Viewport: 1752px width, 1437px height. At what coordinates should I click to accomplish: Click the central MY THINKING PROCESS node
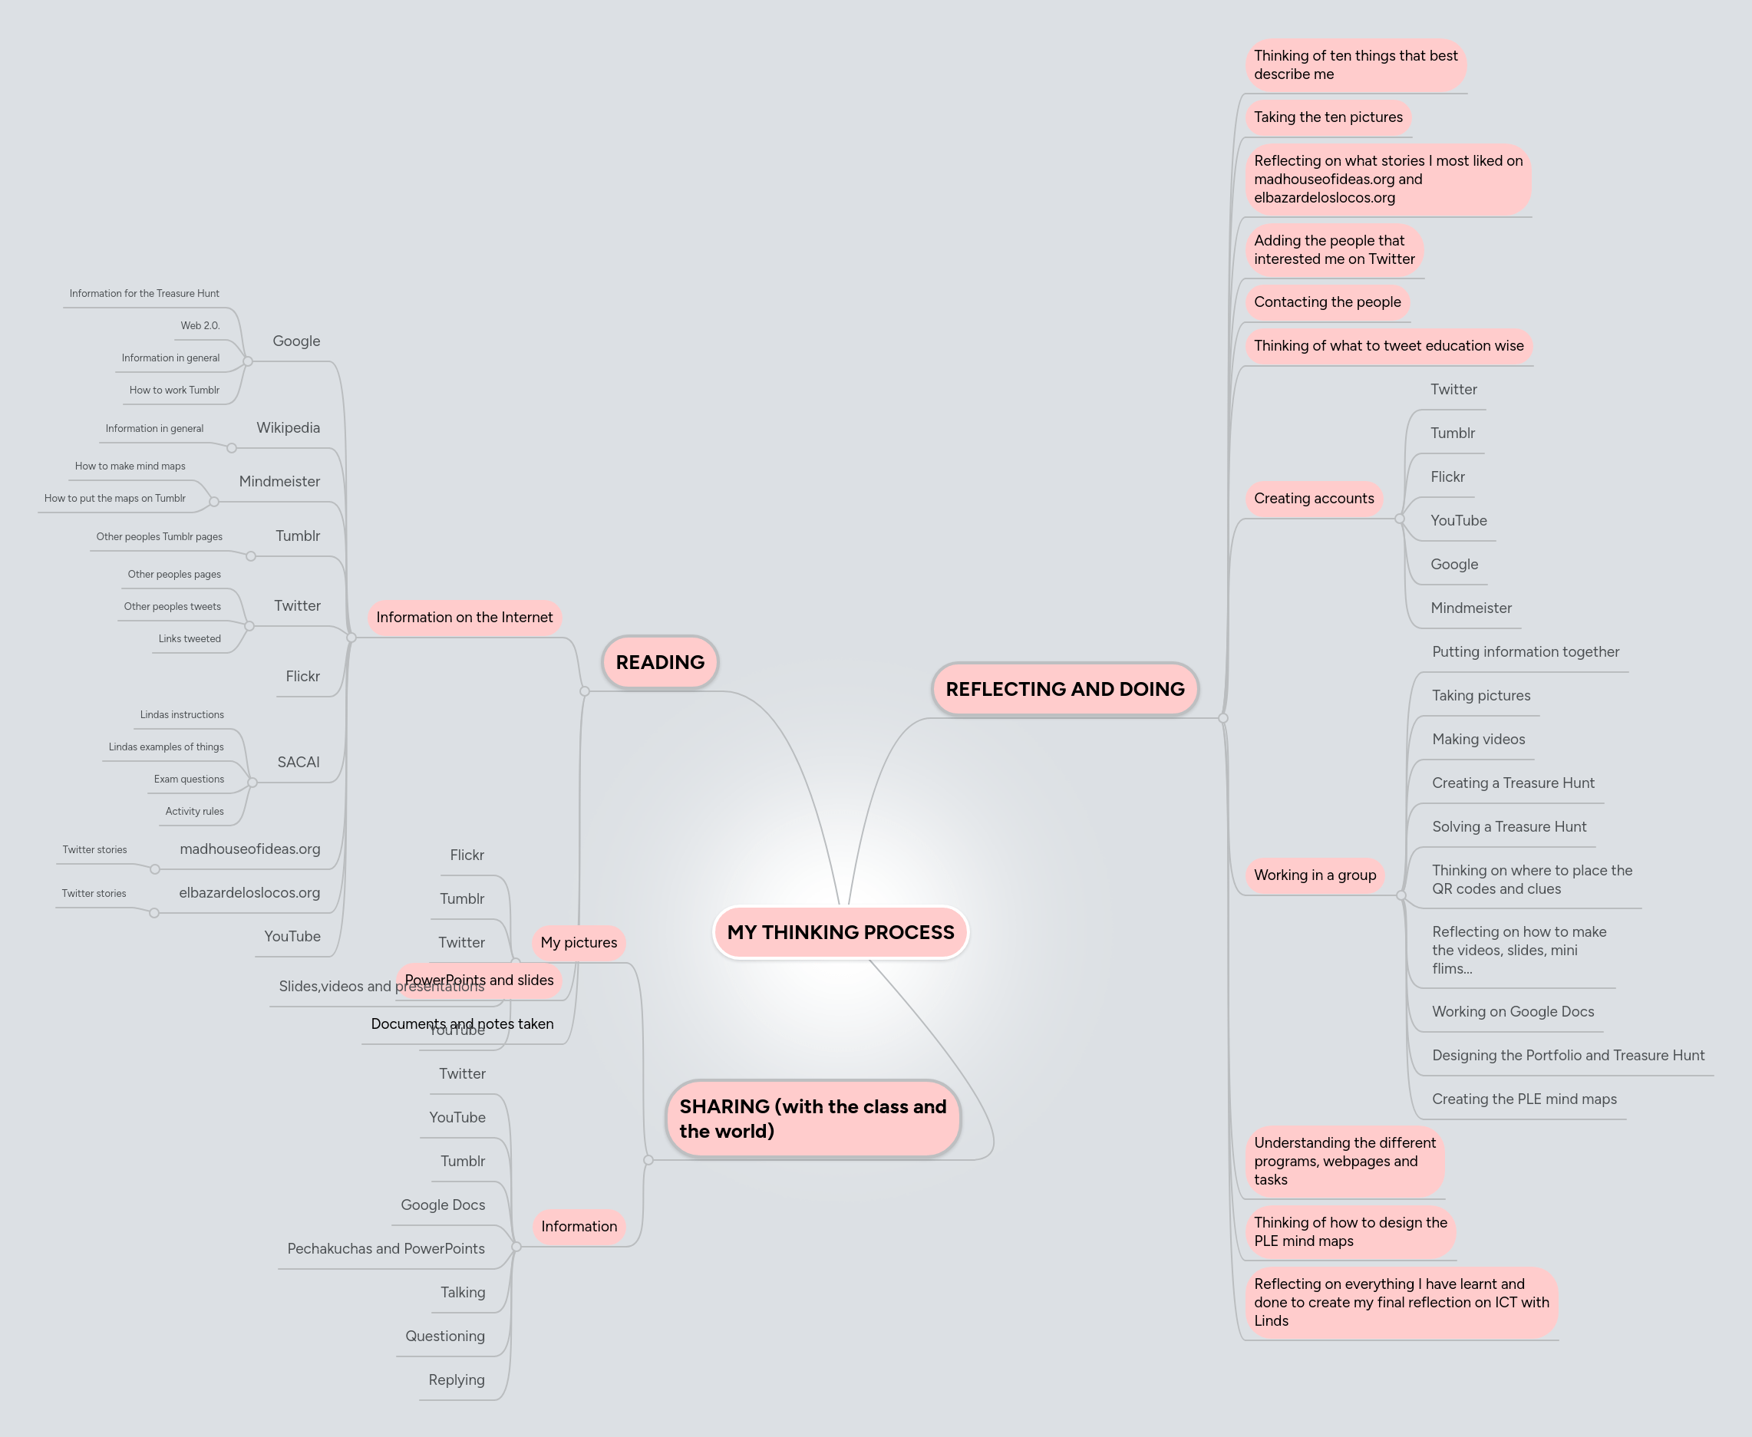pyautogui.click(x=840, y=932)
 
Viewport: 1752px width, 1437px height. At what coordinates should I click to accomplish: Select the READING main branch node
pyautogui.click(x=660, y=662)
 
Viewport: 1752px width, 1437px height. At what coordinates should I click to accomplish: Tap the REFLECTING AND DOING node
pyautogui.click(x=1064, y=689)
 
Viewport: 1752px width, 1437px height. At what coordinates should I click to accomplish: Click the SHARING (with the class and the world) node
pyautogui.click(x=812, y=1119)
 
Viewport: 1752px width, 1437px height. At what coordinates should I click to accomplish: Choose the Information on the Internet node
pyautogui.click(x=464, y=618)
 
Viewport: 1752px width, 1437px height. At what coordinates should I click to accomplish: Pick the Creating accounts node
pyautogui.click(x=1313, y=499)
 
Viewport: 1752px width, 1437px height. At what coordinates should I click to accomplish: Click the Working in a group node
pyautogui.click(x=1314, y=875)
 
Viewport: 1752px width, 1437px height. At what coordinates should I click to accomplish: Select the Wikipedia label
pyautogui.click(x=288, y=428)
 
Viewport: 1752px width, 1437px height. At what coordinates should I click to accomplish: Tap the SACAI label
pyautogui.click(x=298, y=763)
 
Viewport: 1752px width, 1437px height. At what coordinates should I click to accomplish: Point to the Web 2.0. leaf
pyautogui.click(x=200, y=326)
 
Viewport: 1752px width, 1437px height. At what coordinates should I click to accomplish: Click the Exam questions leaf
pyautogui.click(x=189, y=779)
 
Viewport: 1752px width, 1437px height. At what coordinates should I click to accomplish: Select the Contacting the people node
pyautogui.click(x=1328, y=302)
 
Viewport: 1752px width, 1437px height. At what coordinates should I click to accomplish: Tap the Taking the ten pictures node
pyautogui.click(x=1328, y=117)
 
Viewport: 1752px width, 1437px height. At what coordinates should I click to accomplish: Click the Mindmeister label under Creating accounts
pyautogui.click(x=1470, y=608)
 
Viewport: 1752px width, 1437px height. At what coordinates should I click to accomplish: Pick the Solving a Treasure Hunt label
pyautogui.click(x=1509, y=827)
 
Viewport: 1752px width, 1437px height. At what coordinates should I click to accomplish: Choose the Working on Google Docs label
pyautogui.click(x=1513, y=1011)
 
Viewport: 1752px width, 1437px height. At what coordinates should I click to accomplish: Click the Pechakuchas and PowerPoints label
pyautogui.click(x=386, y=1249)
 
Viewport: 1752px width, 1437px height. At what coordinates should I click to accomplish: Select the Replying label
pyautogui.click(x=456, y=1380)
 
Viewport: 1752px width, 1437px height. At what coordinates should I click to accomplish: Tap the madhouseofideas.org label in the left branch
pyautogui.click(x=250, y=849)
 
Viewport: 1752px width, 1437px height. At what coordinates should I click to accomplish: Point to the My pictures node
pyautogui.click(x=579, y=943)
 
